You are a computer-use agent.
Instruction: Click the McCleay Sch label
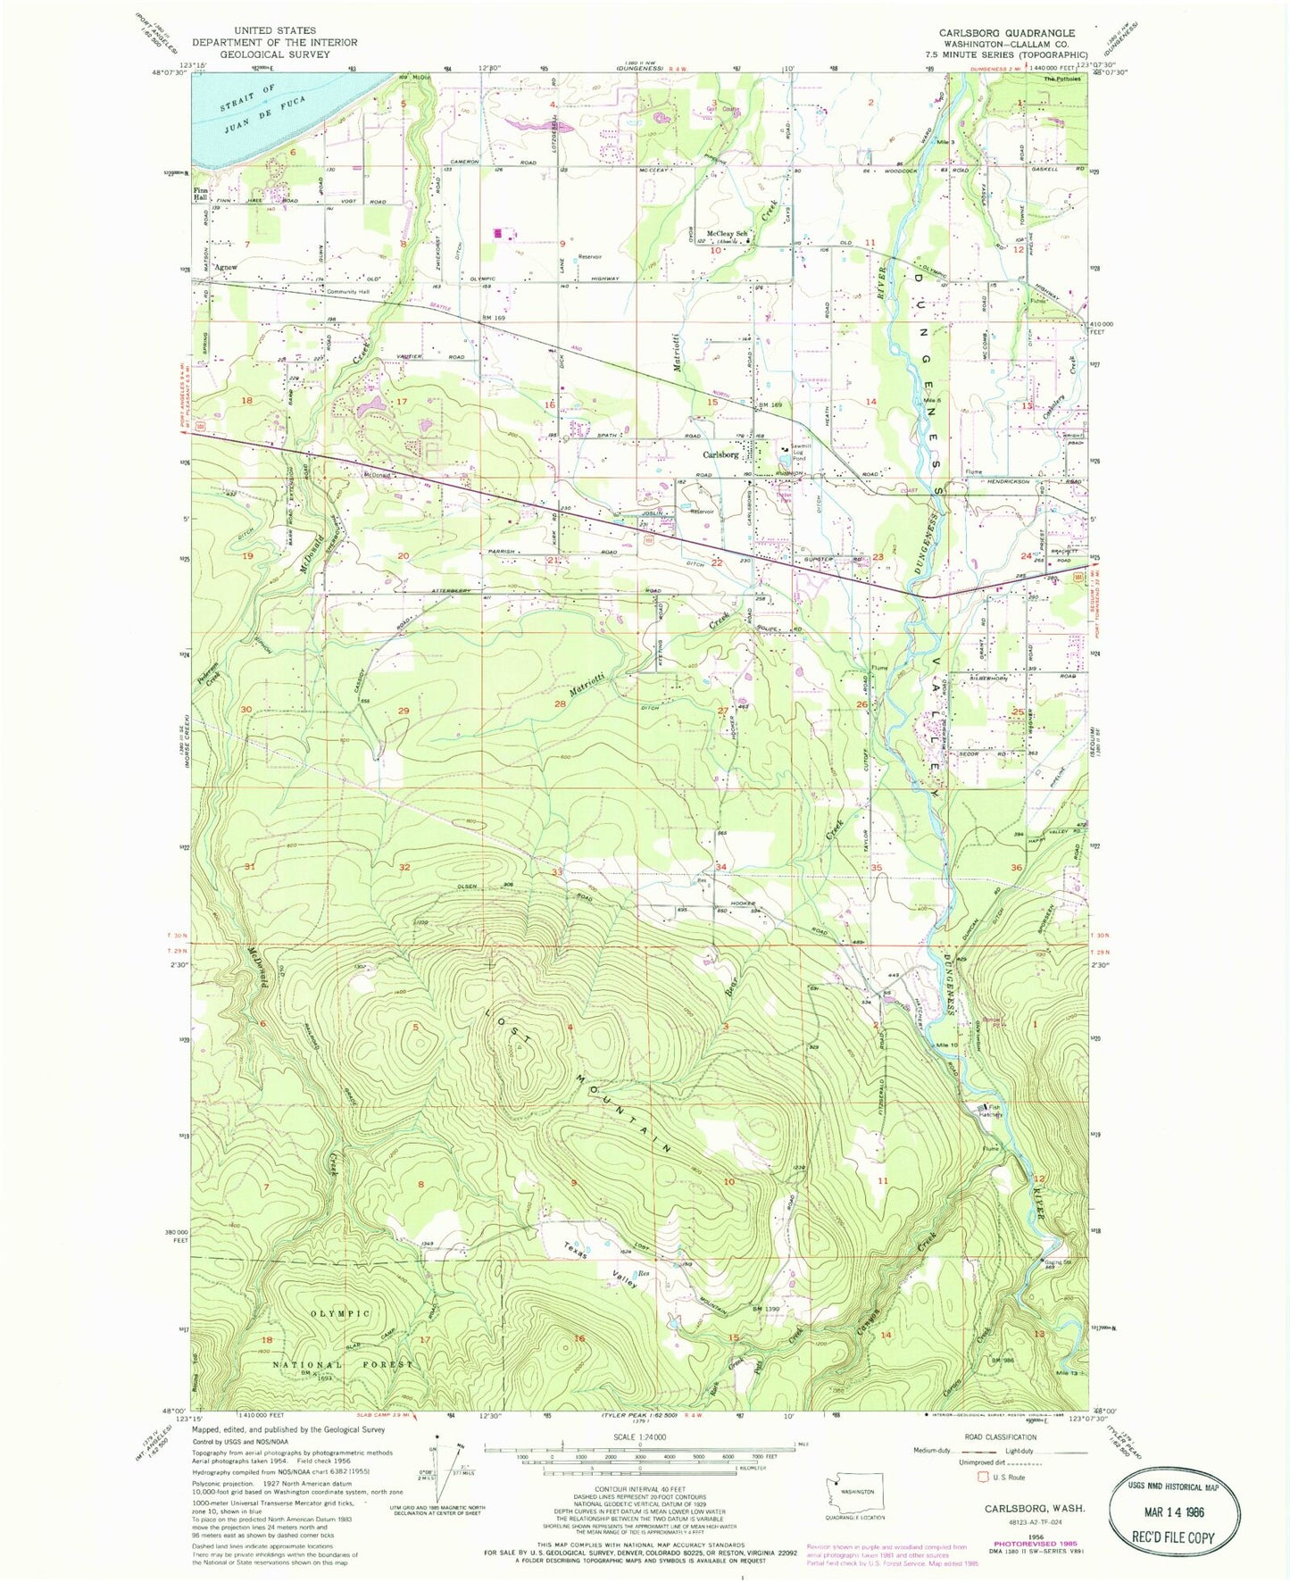click(726, 234)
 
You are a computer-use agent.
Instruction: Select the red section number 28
click(560, 704)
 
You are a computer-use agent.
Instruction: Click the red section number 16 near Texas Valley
click(578, 1337)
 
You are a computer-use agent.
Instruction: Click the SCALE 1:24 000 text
click(637, 1436)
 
